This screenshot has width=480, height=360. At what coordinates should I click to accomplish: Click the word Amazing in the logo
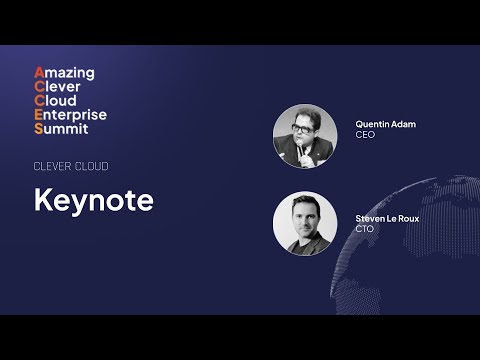point(64,73)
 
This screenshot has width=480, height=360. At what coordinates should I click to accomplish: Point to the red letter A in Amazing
point(39,73)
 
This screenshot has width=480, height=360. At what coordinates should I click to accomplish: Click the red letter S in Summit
point(39,129)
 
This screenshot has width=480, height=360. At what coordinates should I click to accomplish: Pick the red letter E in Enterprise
point(39,115)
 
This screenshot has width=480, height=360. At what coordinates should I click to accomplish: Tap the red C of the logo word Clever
point(39,87)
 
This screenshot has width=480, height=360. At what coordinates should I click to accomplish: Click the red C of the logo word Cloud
point(39,101)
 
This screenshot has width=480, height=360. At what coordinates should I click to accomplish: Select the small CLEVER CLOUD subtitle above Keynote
point(71,166)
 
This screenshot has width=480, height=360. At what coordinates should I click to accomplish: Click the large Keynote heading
point(93,200)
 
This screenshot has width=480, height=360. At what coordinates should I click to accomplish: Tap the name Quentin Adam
point(385,124)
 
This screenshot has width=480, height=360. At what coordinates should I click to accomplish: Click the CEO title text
point(365,134)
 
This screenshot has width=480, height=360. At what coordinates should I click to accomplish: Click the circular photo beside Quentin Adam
point(305,136)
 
